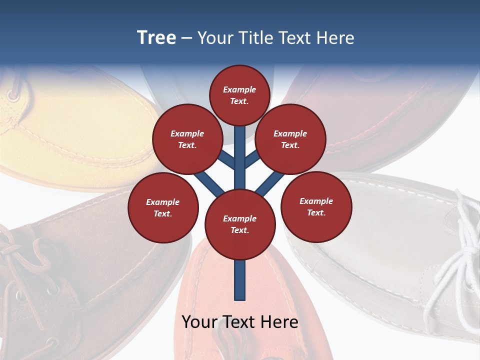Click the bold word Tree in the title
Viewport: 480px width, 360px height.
click(x=156, y=37)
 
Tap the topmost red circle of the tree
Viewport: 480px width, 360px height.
click(x=239, y=95)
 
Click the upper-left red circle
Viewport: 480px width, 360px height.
click(x=187, y=139)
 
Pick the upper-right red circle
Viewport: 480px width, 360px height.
click(x=290, y=139)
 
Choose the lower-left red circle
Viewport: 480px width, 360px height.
click(x=163, y=208)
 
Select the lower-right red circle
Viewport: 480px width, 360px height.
click(x=316, y=207)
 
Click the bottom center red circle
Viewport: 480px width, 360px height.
click(x=240, y=224)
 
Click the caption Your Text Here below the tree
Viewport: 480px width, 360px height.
click(x=240, y=322)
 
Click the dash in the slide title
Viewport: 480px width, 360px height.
click(x=186, y=38)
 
